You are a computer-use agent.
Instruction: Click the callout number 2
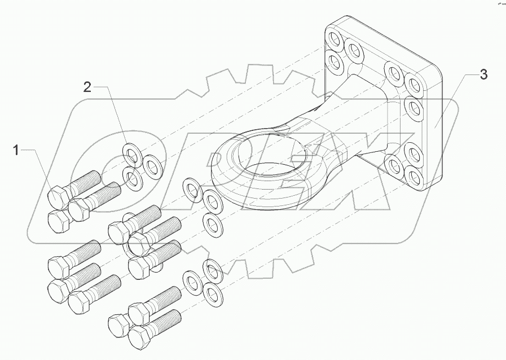(87, 86)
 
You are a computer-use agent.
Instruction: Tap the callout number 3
(483, 74)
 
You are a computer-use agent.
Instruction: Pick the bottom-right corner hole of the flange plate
(413, 179)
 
